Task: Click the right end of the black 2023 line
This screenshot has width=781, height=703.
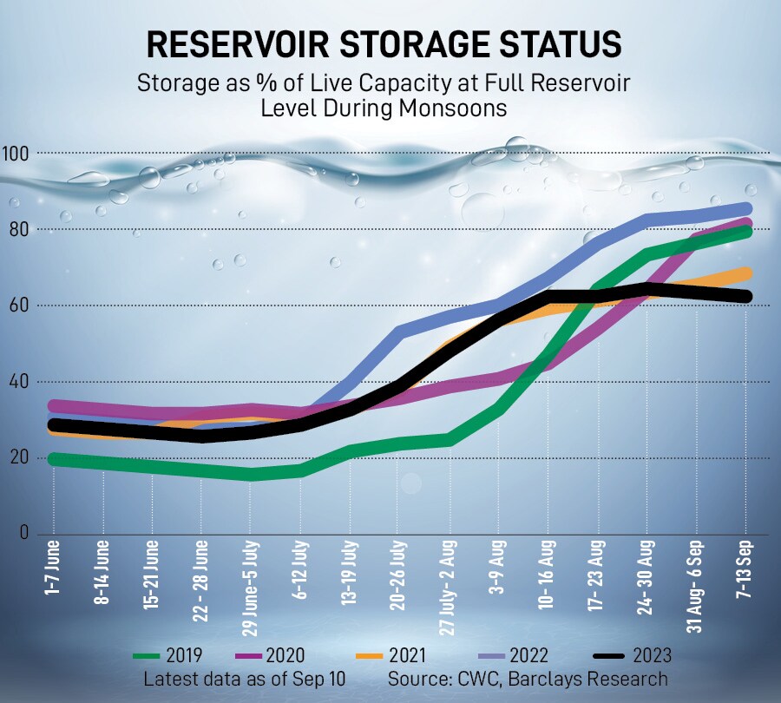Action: click(746, 296)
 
